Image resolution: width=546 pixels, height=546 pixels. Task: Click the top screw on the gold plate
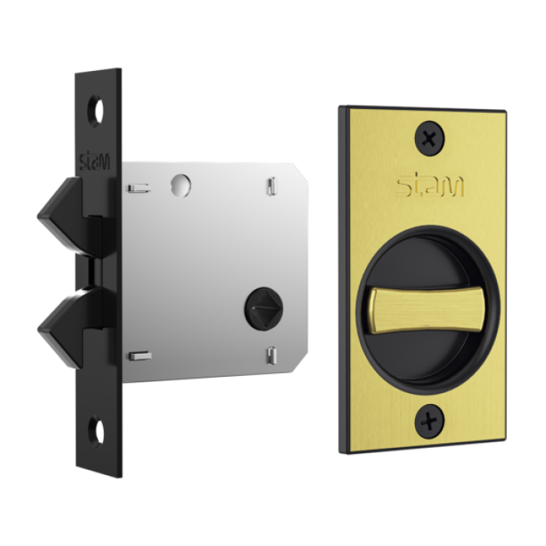coord(430,138)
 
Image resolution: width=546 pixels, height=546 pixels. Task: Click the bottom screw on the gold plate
coord(430,421)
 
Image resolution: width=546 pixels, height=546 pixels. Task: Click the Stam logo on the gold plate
coord(431,186)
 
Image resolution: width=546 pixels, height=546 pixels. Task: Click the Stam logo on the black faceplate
coord(94,161)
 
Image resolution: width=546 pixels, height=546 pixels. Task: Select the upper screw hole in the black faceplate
coord(96,110)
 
